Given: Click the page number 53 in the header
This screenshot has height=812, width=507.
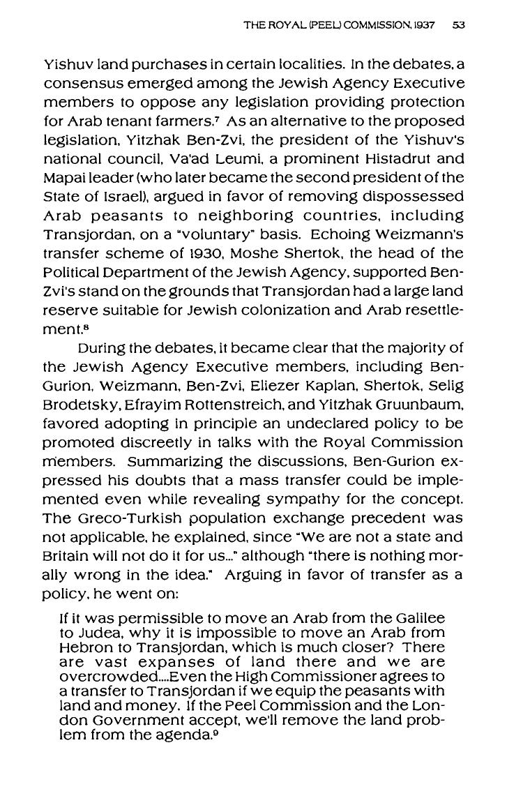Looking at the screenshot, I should (x=458, y=24).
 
